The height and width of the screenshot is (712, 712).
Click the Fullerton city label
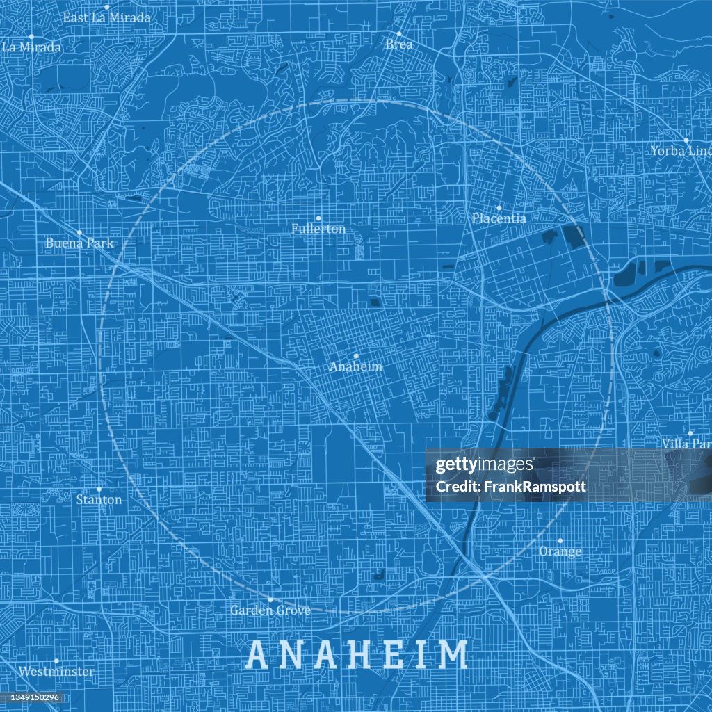coord(318,229)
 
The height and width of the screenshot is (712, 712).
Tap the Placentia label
coord(499,218)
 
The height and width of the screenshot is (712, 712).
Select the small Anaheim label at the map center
coord(355,366)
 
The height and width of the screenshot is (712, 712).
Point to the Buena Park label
coord(79,243)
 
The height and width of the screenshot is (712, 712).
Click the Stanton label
coord(99,500)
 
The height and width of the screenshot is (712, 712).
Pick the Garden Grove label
coord(270,610)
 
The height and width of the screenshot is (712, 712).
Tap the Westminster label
coord(56,672)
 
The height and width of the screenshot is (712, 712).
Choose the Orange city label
coord(560,552)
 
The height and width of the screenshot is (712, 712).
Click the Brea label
coord(399,44)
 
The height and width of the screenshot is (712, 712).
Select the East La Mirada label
coord(106,18)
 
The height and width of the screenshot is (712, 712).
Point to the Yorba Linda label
coord(681,151)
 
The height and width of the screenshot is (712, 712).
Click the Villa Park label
coord(687,444)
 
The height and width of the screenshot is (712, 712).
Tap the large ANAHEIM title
coord(357,655)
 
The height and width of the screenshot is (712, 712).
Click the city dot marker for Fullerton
coord(318,218)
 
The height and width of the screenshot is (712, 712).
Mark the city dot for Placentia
coord(499,207)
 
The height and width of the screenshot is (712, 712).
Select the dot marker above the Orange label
coord(560,540)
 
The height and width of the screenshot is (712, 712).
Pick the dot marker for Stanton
coord(99,489)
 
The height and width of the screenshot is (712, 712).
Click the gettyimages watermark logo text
coord(484,465)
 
